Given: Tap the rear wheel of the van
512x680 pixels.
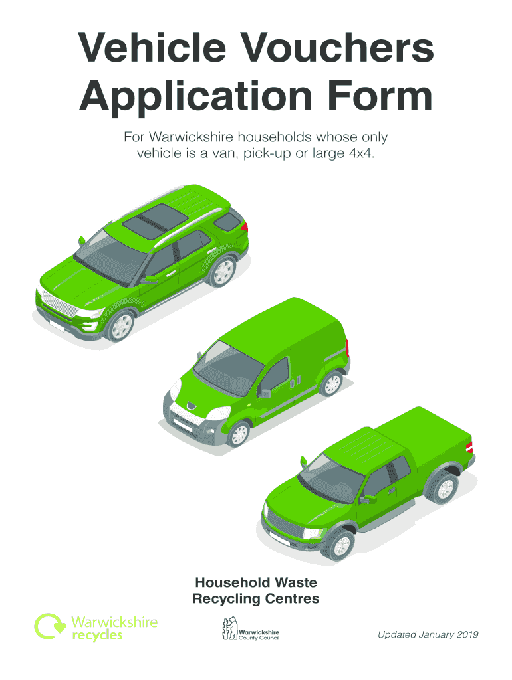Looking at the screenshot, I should pyautogui.click(x=330, y=382).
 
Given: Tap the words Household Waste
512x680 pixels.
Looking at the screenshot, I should pyautogui.click(x=256, y=582).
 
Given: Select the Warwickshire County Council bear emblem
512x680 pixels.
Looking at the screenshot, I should pyautogui.click(x=229, y=629).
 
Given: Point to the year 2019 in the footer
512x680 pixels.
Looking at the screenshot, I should pyautogui.click(x=465, y=635).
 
